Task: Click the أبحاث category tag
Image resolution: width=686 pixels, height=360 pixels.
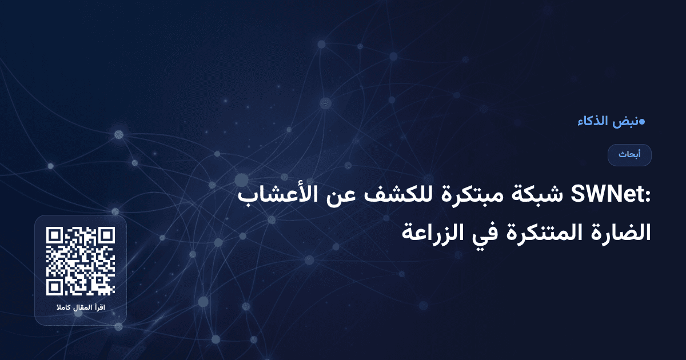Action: coord(629,155)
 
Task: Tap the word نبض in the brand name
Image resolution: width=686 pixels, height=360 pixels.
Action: coord(625,122)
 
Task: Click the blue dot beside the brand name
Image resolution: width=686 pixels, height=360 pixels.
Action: coord(642,122)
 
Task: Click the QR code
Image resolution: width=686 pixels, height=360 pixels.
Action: coord(81,261)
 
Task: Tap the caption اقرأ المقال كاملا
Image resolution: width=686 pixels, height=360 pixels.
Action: coord(81,309)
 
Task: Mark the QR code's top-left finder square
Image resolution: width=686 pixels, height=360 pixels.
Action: coord(54,235)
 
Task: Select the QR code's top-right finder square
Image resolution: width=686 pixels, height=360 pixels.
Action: coord(106,235)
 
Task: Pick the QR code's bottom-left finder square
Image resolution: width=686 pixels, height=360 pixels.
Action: coord(54,287)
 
